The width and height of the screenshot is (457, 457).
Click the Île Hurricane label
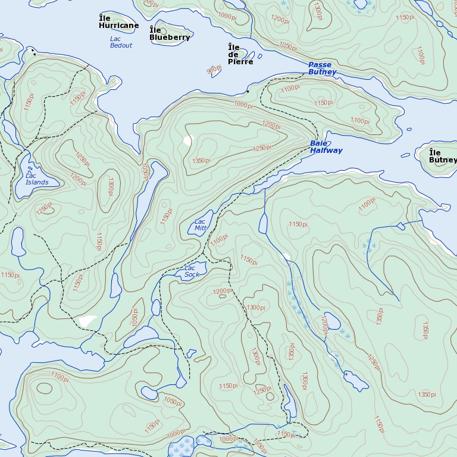pyautogui.click(x=118, y=22)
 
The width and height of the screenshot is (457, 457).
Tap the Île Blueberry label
pyautogui.click(x=170, y=34)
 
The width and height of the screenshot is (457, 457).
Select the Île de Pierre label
pyautogui.click(x=240, y=54)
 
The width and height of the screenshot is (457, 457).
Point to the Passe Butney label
pyautogui.click(x=322, y=68)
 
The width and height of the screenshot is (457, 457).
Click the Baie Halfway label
pyautogui.click(x=326, y=147)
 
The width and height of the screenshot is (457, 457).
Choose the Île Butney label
pyautogui.click(x=443, y=156)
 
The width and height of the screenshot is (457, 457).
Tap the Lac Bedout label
pyautogui.click(x=121, y=42)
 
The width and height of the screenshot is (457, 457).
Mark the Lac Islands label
pyautogui.click(x=37, y=179)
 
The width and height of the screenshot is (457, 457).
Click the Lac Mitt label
pyautogui.click(x=201, y=224)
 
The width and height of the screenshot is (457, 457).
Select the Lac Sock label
pyautogui.click(x=191, y=271)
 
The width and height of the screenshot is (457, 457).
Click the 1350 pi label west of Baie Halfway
pyautogui.click(x=202, y=161)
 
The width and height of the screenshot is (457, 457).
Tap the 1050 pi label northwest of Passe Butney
pyautogui.click(x=288, y=46)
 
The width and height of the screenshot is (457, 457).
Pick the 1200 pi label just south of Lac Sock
pyautogui.click(x=223, y=291)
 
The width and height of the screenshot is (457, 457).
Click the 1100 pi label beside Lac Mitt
pyautogui.click(x=219, y=239)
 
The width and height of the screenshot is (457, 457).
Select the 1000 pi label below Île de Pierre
pyautogui.click(x=243, y=105)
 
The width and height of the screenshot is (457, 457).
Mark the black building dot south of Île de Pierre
pyautogui.click(x=248, y=92)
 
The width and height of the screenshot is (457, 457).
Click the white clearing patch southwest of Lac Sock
pyautogui.click(x=87, y=320)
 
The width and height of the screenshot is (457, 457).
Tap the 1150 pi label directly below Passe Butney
pyautogui.click(x=324, y=103)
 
